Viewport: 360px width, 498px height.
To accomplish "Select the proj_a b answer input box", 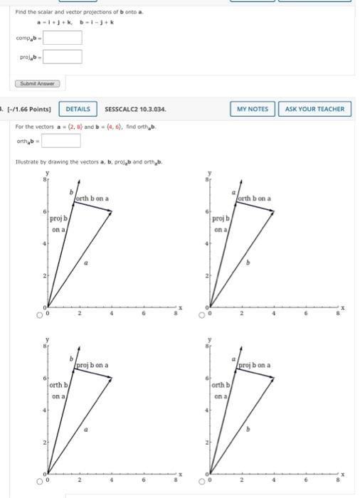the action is coord(63,57).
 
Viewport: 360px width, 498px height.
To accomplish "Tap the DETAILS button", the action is coord(78,109).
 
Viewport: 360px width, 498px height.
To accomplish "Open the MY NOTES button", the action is coord(252,109).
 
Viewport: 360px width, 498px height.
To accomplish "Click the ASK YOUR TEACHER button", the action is coord(314,109).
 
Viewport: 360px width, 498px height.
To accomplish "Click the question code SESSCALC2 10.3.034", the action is coord(135,109).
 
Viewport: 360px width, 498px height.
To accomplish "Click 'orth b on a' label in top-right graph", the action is coord(254,198).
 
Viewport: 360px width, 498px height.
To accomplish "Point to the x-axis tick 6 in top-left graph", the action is coord(144,312).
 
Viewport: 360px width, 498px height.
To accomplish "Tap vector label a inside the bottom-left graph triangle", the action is coord(87,430).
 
